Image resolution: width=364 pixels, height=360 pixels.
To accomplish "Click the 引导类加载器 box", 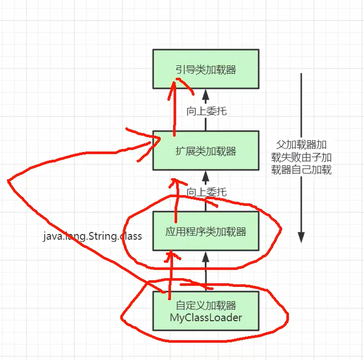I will click(206, 69).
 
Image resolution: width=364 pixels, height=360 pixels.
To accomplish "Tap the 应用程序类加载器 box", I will click(206, 231).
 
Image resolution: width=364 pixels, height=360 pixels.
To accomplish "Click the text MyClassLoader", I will click(206, 317).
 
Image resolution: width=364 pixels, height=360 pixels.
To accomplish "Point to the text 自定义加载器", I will click(206, 306).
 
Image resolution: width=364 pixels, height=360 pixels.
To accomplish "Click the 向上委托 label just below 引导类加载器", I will click(206, 111).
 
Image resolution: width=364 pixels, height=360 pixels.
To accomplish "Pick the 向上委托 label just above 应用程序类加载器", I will click(206, 192).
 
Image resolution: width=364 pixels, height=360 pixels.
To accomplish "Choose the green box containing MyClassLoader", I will click(206, 310).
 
